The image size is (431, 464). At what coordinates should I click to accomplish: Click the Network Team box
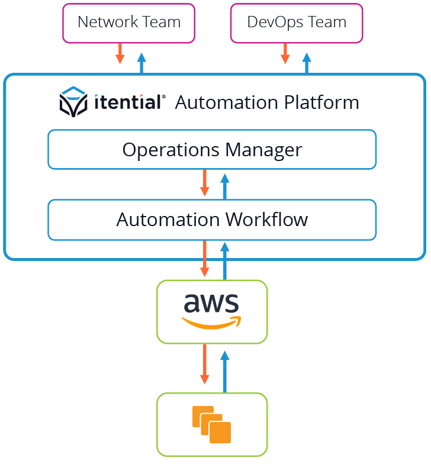pyautogui.click(x=128, y=23)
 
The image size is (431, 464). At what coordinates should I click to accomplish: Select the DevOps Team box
pyautogui.click(x=296, y=23)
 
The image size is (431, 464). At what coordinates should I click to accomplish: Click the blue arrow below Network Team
pyautogui.click(x=141, y=63)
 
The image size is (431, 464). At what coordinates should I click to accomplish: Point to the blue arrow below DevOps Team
pyautogui.click(x=307, y=63)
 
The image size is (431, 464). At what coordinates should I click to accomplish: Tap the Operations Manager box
pyautogui.click(x=212, y=150)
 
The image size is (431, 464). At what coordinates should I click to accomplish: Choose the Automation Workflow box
pyautogui.click(x=212, y=220)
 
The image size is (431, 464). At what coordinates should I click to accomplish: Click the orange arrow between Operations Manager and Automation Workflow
pyautogui.click(x=205, y=183)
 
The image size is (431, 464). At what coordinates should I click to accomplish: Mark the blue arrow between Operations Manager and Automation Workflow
pyautogui.click(x=224, y=186)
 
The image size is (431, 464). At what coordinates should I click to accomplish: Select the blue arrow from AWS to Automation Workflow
pyautogui.click(x=224, y=260)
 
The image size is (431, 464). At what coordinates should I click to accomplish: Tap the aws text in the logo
pyautogui.click(x=211, y=303)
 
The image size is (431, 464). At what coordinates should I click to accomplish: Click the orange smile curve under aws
pyautogui.click(x=211, y=323)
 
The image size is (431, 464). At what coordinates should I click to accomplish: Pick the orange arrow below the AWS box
pyautogui.click(x=205, y=363)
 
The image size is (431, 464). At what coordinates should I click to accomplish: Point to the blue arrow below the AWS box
pyautogui.click(x=224, y=371)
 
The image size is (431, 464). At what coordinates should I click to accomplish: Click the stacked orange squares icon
pyautogui.click(x=211, y=424)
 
